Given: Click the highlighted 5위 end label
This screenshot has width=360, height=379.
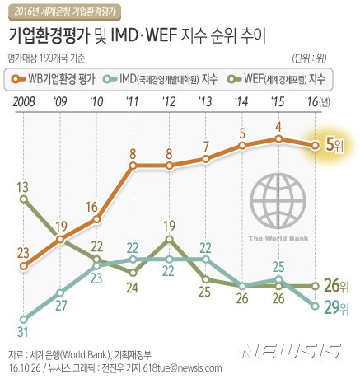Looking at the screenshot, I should pyautogui.click(x=334, y=145).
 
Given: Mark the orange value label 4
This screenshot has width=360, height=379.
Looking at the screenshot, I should pyautogui.click(x=279, y=127).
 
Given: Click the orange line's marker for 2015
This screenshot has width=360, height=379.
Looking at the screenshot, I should pyautogui.click(x=279, y=138).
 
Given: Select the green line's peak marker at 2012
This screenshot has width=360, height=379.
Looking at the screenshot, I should pyautogui.click(x=170, y=239).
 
